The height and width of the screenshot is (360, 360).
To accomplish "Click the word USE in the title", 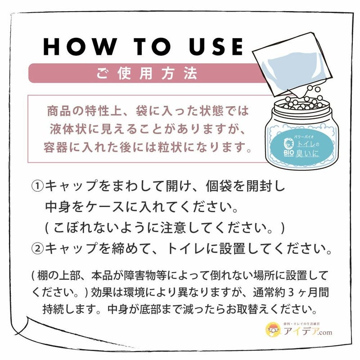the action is [x=216, y=47].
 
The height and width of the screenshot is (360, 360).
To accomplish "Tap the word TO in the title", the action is [x=153, y=47].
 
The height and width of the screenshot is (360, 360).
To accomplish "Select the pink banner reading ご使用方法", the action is [x=147, y=73].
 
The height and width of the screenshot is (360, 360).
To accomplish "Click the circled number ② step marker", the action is [x=37, y=249].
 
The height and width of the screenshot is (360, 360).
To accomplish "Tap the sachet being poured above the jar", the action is [x=293, y=64].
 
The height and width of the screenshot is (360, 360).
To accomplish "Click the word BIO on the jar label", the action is [x=288, y=153].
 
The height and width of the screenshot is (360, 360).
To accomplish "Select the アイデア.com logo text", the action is [x=308, y=332].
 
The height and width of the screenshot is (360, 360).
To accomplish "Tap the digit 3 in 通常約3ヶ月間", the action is [x=291, y=292].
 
